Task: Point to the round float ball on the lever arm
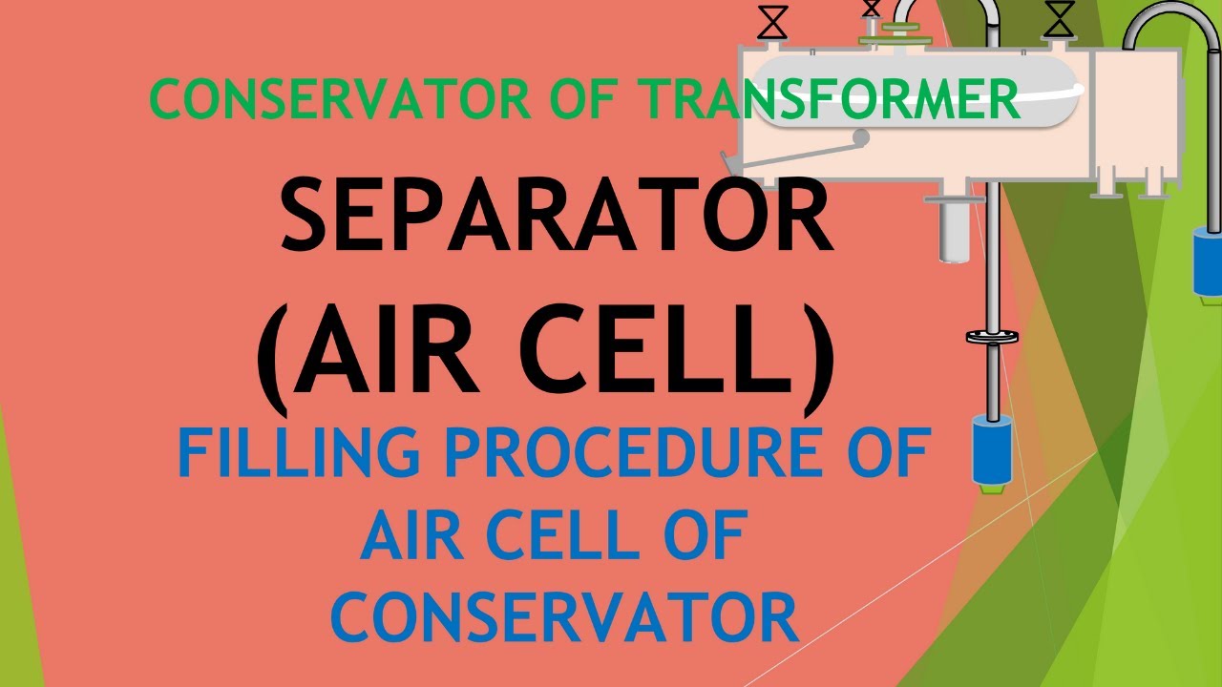click(x=861, y=139)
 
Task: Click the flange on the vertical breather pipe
click(x=991, y=336)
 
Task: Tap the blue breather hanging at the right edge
click(x=1208, y=262)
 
